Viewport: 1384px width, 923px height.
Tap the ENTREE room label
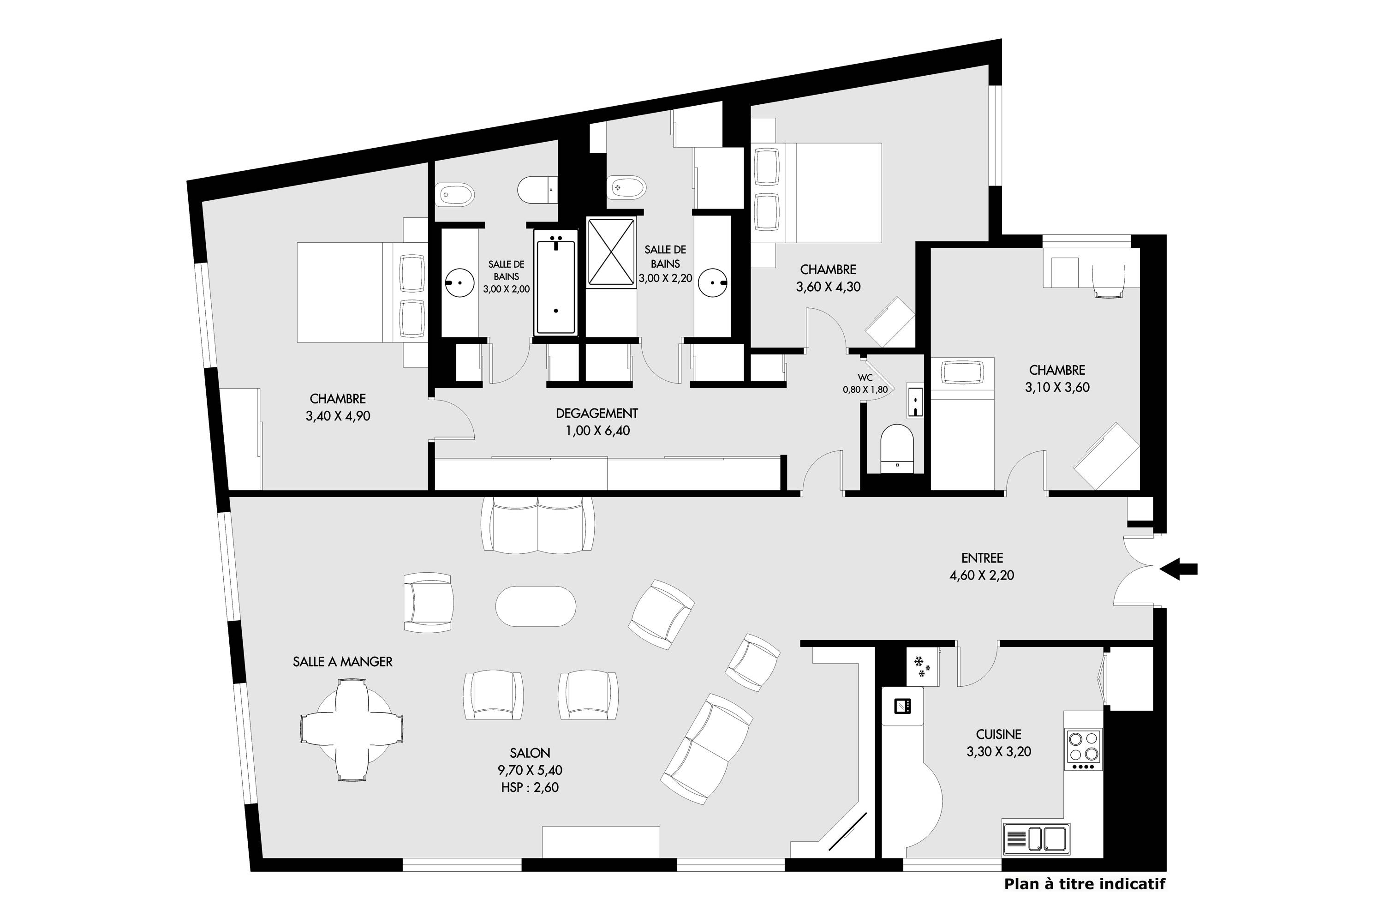point(982,557)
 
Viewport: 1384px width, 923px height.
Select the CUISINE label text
point(999,734)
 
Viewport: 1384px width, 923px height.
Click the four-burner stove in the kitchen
point(1084,749)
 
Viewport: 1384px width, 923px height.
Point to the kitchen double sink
point(1036,839)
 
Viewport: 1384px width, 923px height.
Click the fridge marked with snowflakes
point(922,666)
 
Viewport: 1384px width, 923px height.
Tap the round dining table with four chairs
point(352,730)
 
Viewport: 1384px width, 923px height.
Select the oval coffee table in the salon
point(536,606)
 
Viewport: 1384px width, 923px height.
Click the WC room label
point(865,378)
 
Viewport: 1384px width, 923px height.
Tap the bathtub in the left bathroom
point(555,282)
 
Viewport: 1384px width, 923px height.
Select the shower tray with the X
point(611,252)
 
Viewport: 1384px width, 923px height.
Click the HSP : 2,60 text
point(530,787)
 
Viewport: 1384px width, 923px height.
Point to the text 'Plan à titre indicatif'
point(1085,884)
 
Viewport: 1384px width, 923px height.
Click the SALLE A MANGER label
point(342,662)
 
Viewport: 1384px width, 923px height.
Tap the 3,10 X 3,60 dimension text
point(1057,387)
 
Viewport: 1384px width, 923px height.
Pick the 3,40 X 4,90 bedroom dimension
point(338,416)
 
